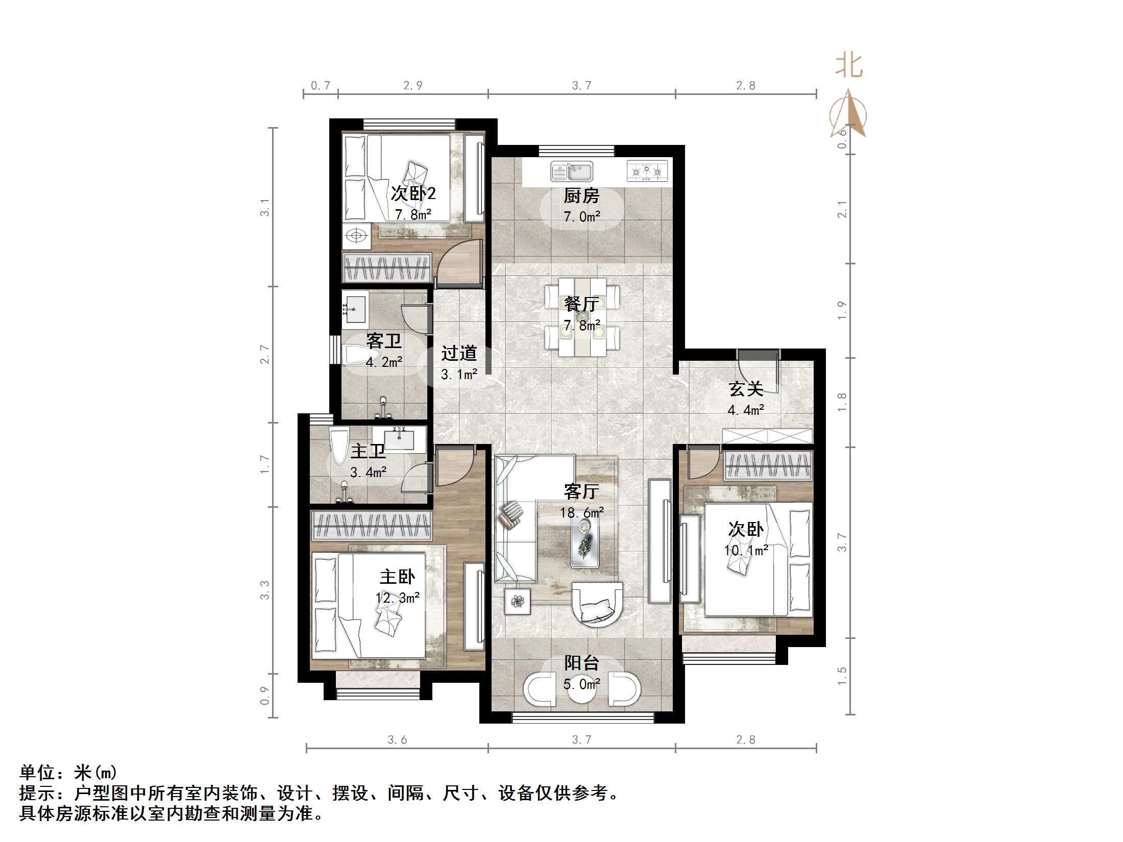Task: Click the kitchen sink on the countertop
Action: pos(572,171)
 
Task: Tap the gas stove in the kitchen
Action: pos(647,171)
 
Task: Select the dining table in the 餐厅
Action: pos(582,316)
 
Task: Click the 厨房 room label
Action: pos(581,195)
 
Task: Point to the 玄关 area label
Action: pos(746,389)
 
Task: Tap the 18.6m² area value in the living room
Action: pos(582,512)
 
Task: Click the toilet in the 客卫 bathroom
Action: pos(361,355)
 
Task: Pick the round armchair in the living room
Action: pos(597,605)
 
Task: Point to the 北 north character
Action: pos(849,66)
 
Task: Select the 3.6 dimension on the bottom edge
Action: pos(397,739)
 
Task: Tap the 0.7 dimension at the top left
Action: pos(321,86)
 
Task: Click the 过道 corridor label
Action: pos(459,353)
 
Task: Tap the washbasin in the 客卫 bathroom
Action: pos(355,308)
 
